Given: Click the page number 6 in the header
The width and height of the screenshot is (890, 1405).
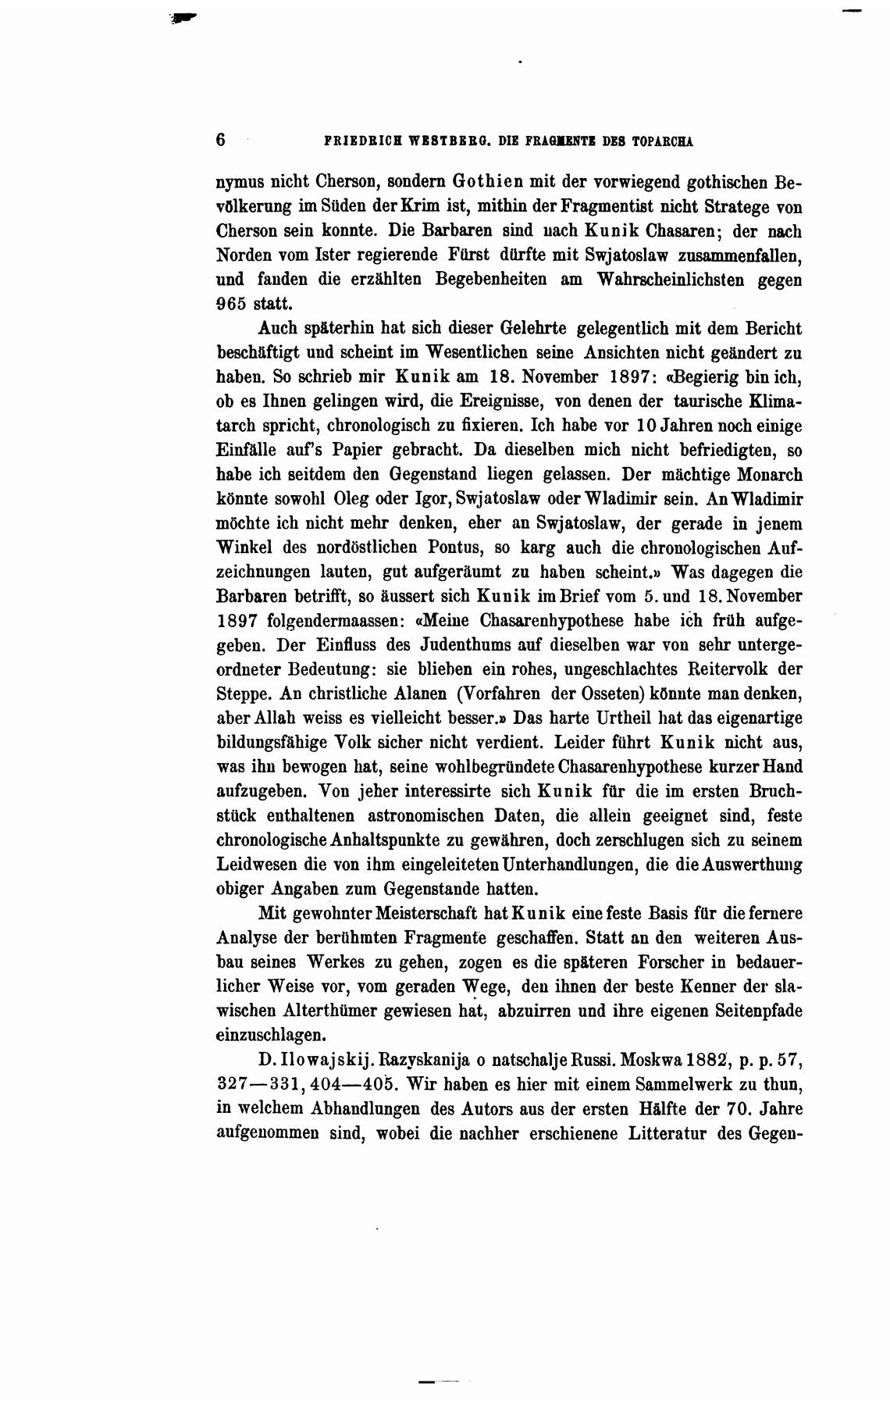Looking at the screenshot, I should click(221, 141).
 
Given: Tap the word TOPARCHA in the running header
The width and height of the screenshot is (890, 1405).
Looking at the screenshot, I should click(663, 142).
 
